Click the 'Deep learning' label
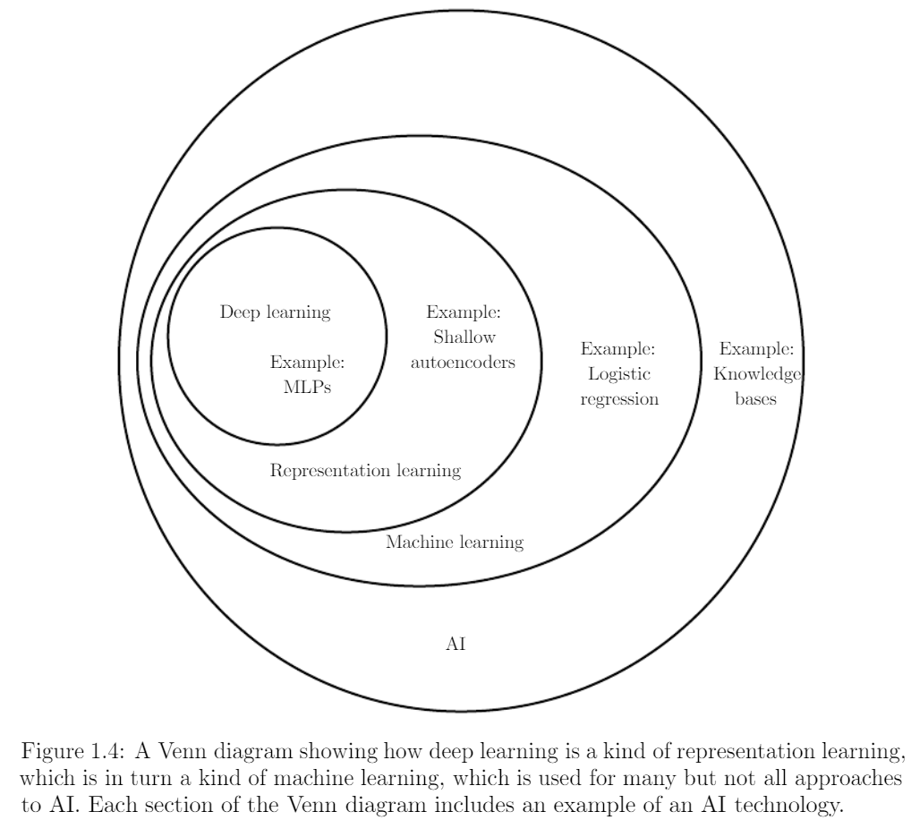coord(275,312)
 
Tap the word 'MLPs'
coord(307,387)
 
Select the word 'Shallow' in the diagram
coord(464,337)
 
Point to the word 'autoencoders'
coord(463,362)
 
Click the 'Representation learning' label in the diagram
coord(365,470)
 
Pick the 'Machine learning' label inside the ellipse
coord(455,542)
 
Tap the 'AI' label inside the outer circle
coord(456,644)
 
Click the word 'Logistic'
coord(618,374)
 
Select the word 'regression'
coord(619,400)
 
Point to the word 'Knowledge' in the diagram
coord(757,374)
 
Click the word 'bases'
coord(756,398)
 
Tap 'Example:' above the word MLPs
coord(307,363)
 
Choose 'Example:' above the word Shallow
coord(464,312)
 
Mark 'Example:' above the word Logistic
coord(618,349)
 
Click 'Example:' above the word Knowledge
coord(756,349)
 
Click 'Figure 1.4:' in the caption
coord(72,752)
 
